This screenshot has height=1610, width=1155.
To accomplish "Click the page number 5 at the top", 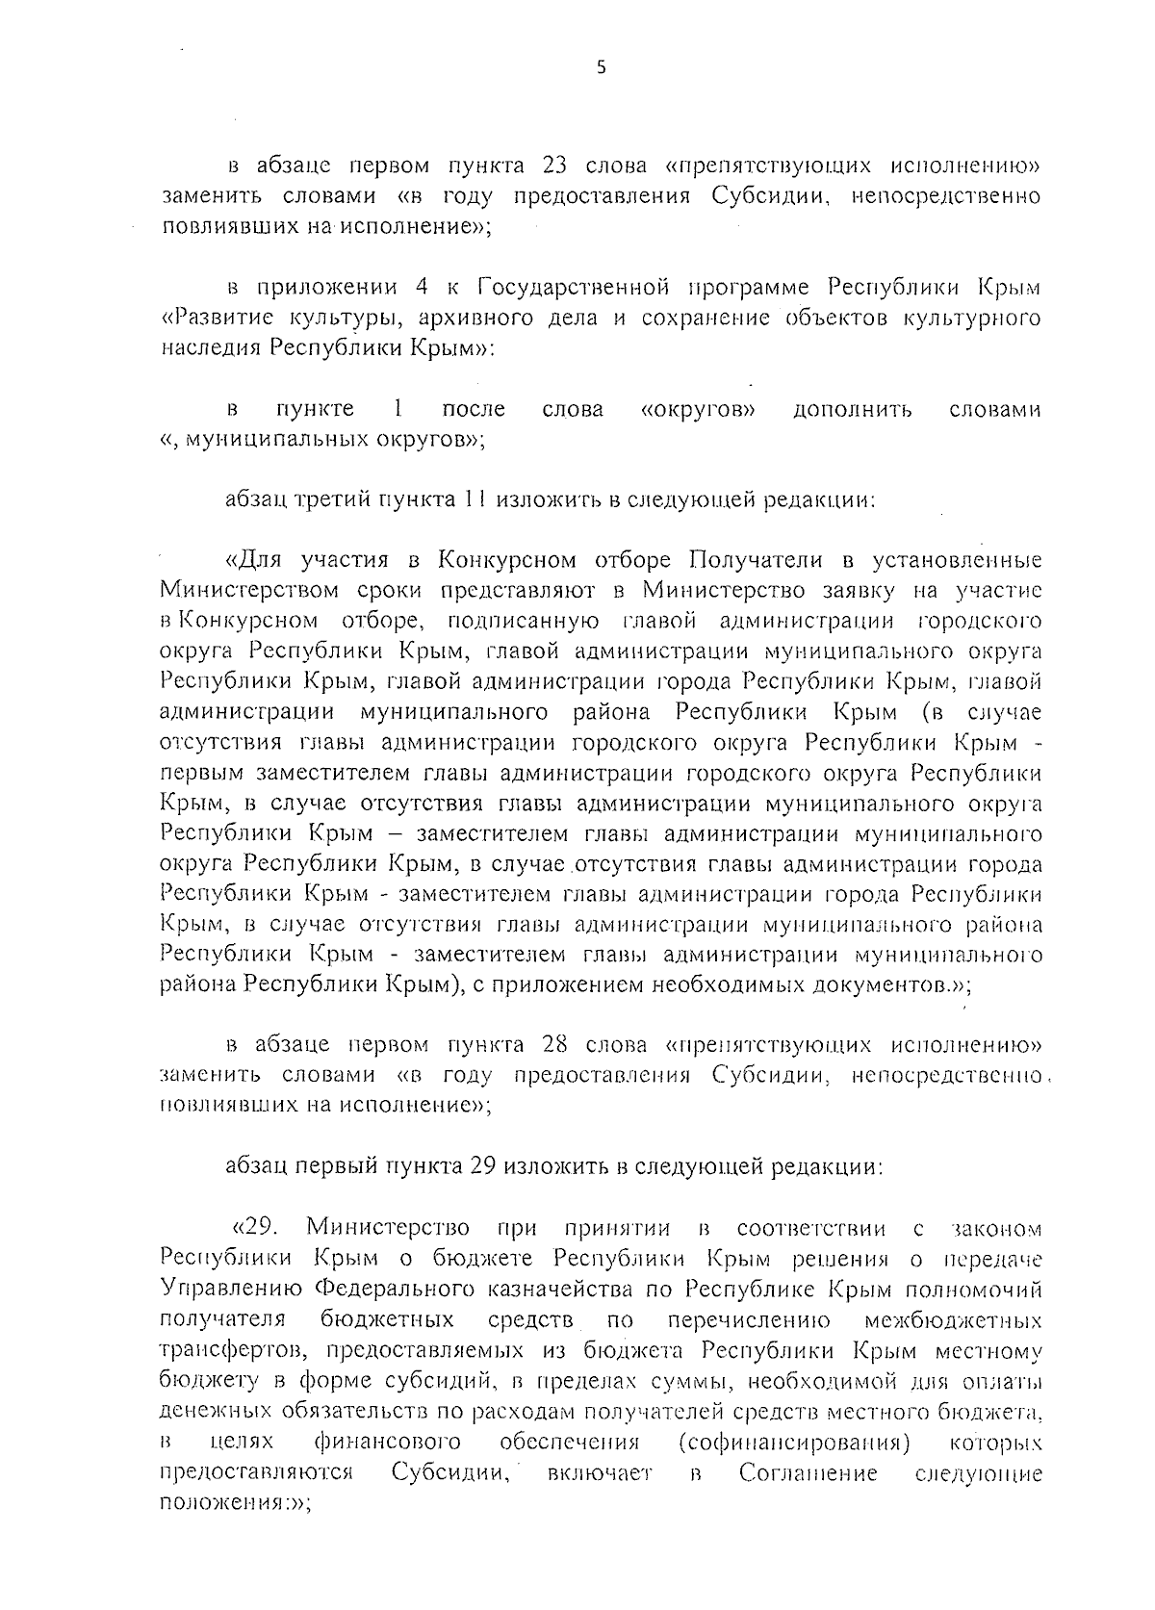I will pyautogui.click(x=602, y=67).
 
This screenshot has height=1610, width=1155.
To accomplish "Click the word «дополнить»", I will pyautogui.click(x=852, y=409).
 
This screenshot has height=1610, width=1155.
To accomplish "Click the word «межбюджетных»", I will pyautogui.click(x=953, y=1319).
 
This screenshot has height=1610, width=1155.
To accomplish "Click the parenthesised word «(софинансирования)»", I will pyautogui.click(x=794, y=1443).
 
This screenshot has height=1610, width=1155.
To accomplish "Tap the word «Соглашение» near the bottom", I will pyautogui.click(x=808, y=1473).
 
